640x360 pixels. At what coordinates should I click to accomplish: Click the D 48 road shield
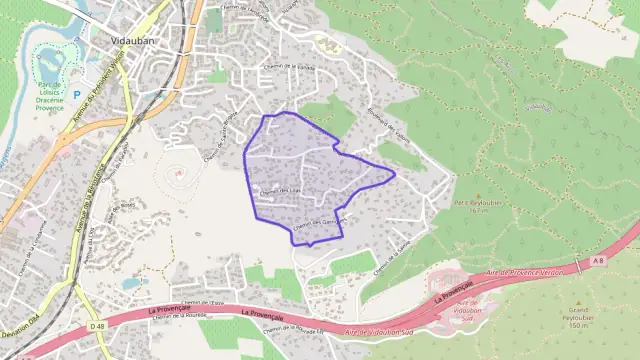[x=97, y=326]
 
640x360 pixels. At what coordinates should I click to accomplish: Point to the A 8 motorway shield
[x=597, y=261]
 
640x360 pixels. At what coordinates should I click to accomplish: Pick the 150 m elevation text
[x=577, y=326]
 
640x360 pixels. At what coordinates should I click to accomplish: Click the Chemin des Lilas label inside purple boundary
[x=281, y=191]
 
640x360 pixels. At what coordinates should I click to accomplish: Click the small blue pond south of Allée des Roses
[x=131, y=283]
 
